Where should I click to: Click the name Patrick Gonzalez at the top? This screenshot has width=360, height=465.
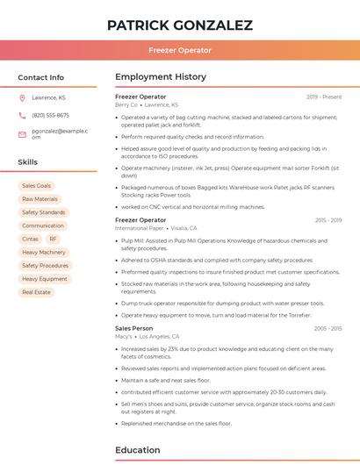point(179,25)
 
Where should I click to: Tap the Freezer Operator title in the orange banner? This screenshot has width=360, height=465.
point(179,50)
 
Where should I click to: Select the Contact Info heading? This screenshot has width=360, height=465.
point(40,77)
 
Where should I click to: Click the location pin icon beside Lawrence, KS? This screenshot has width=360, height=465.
point(22,97)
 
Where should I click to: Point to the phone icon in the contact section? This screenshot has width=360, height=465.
point(22,115)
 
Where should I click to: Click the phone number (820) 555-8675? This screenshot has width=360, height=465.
point(50,115)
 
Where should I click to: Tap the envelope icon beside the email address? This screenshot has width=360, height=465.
point(22,133)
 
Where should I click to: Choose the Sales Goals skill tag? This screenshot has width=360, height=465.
point(37,186)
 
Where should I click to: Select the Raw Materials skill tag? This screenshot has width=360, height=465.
point(40,199)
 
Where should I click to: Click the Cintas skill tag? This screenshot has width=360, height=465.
point(31,239)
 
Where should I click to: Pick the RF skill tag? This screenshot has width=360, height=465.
point(53,239)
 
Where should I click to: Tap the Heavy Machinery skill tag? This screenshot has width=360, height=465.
point(44,252)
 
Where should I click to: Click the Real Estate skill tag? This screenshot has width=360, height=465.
point(37,291)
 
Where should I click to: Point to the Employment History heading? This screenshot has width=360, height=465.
point(161,77)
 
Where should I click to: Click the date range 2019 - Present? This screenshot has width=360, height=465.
point(324,97)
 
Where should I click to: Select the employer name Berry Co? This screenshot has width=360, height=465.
point(126,104)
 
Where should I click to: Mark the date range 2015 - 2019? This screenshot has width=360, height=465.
point(328,220)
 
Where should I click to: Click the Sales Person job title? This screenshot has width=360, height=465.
point(133,328)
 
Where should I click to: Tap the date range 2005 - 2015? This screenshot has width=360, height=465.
point(328,328)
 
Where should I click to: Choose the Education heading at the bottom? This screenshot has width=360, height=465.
point(138,451)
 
